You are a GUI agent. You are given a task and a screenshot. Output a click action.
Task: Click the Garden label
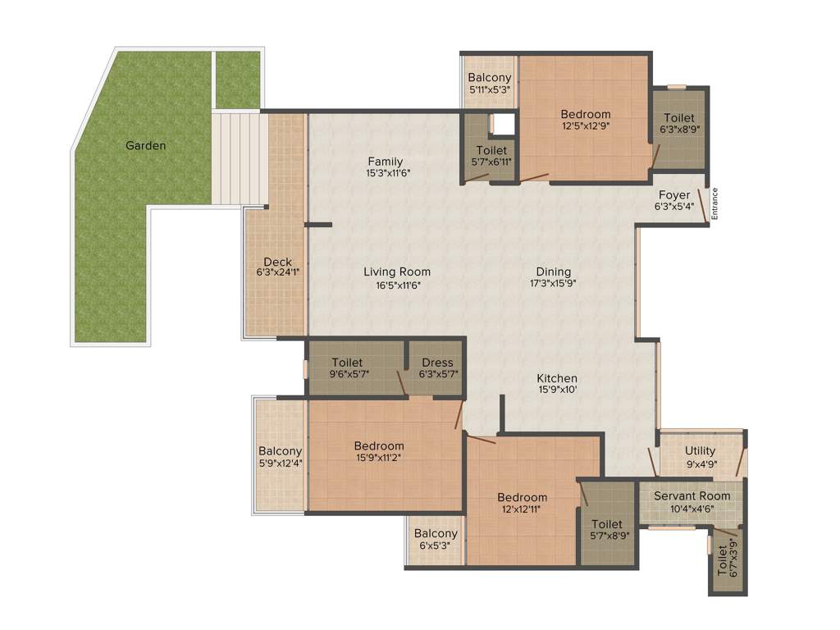(x=145, y=146)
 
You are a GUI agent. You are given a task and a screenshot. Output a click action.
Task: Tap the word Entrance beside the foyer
(x=714, y=203)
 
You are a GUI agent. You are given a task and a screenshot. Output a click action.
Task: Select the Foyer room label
(x=673, y=195)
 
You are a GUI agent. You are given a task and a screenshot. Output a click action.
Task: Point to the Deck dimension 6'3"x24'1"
(x=277, y=273)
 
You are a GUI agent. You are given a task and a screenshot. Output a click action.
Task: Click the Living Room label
(x=397, y=272)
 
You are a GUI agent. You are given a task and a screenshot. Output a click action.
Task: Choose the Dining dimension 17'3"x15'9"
(x=553, y=284)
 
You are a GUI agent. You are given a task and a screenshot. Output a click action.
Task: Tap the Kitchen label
(x=557, y=378)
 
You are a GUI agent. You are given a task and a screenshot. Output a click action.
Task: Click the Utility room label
(x=700, y=450)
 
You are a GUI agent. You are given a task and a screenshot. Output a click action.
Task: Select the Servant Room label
(x=692, y=495)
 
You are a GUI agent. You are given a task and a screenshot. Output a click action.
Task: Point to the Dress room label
(x=437, y=363)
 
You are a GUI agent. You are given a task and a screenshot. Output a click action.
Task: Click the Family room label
(x=385, y=161)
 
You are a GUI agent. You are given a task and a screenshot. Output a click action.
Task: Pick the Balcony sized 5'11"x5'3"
(x=491, y=84)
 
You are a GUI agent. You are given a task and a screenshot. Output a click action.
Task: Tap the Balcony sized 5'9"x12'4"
(x=280, y=457)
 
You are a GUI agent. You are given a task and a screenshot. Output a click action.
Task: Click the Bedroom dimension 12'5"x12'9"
(x=586, y=126)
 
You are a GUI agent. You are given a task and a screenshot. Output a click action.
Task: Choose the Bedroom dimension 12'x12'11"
(x=523, y=509)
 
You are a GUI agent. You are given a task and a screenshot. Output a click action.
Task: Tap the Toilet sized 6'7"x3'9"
(x=722, y=561)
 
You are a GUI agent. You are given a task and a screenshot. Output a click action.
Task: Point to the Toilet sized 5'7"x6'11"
(x=492, y=157)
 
